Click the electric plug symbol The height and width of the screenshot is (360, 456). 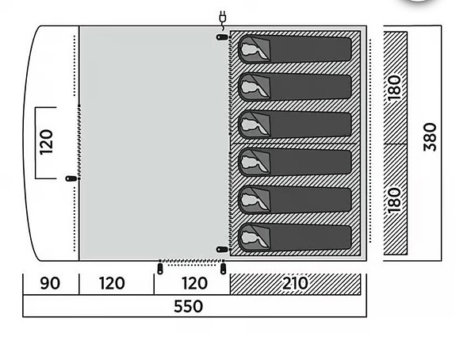pyautogui.click(x=223, y=19)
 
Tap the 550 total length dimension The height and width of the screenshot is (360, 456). pyautogui.click(x=188, y=306)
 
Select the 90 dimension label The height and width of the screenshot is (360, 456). pyautogui.click(x=50, y=283)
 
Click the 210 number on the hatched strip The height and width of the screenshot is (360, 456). pyautogui.click(x=295, y=283)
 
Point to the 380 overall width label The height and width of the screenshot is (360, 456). pyautogui.click(x=431, y=137)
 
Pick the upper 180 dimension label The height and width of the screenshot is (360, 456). pyautogui.click(x=395, y=88)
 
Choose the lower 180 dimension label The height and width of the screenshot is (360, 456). pyautogui.click(x=395, y=201)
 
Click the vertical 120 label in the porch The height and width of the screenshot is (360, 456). pyautogui.click(x=47, y=142)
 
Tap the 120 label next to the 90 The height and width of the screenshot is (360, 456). pyautogui.click(x=112, y=283)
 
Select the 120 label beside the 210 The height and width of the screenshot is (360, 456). pyautogui.click(x=194, y=283)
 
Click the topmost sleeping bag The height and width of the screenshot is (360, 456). pyautogui.click(x=294, y=49)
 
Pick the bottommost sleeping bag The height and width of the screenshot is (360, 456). pyautogui.click(x=294, y=237)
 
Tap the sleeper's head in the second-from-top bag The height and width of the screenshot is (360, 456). pyautogui.click(x=251, y=86)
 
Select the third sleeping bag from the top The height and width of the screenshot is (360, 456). pyautogui.click(x=294, y=124)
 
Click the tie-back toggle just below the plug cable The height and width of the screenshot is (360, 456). pyautogui.click(x=222, y=37)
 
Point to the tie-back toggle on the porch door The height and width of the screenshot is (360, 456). pyautogui.click(x=71, y=178)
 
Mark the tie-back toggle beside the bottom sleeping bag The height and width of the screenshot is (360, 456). pyautogui.click(x=222, y=250)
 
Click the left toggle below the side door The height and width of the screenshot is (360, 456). pyautogui.click(x=160, y=269)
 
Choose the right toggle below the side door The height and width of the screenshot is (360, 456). pyautogui.click(x=223, y=269)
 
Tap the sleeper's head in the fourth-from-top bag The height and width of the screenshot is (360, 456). pyautogui.click(x=251, y=162)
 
